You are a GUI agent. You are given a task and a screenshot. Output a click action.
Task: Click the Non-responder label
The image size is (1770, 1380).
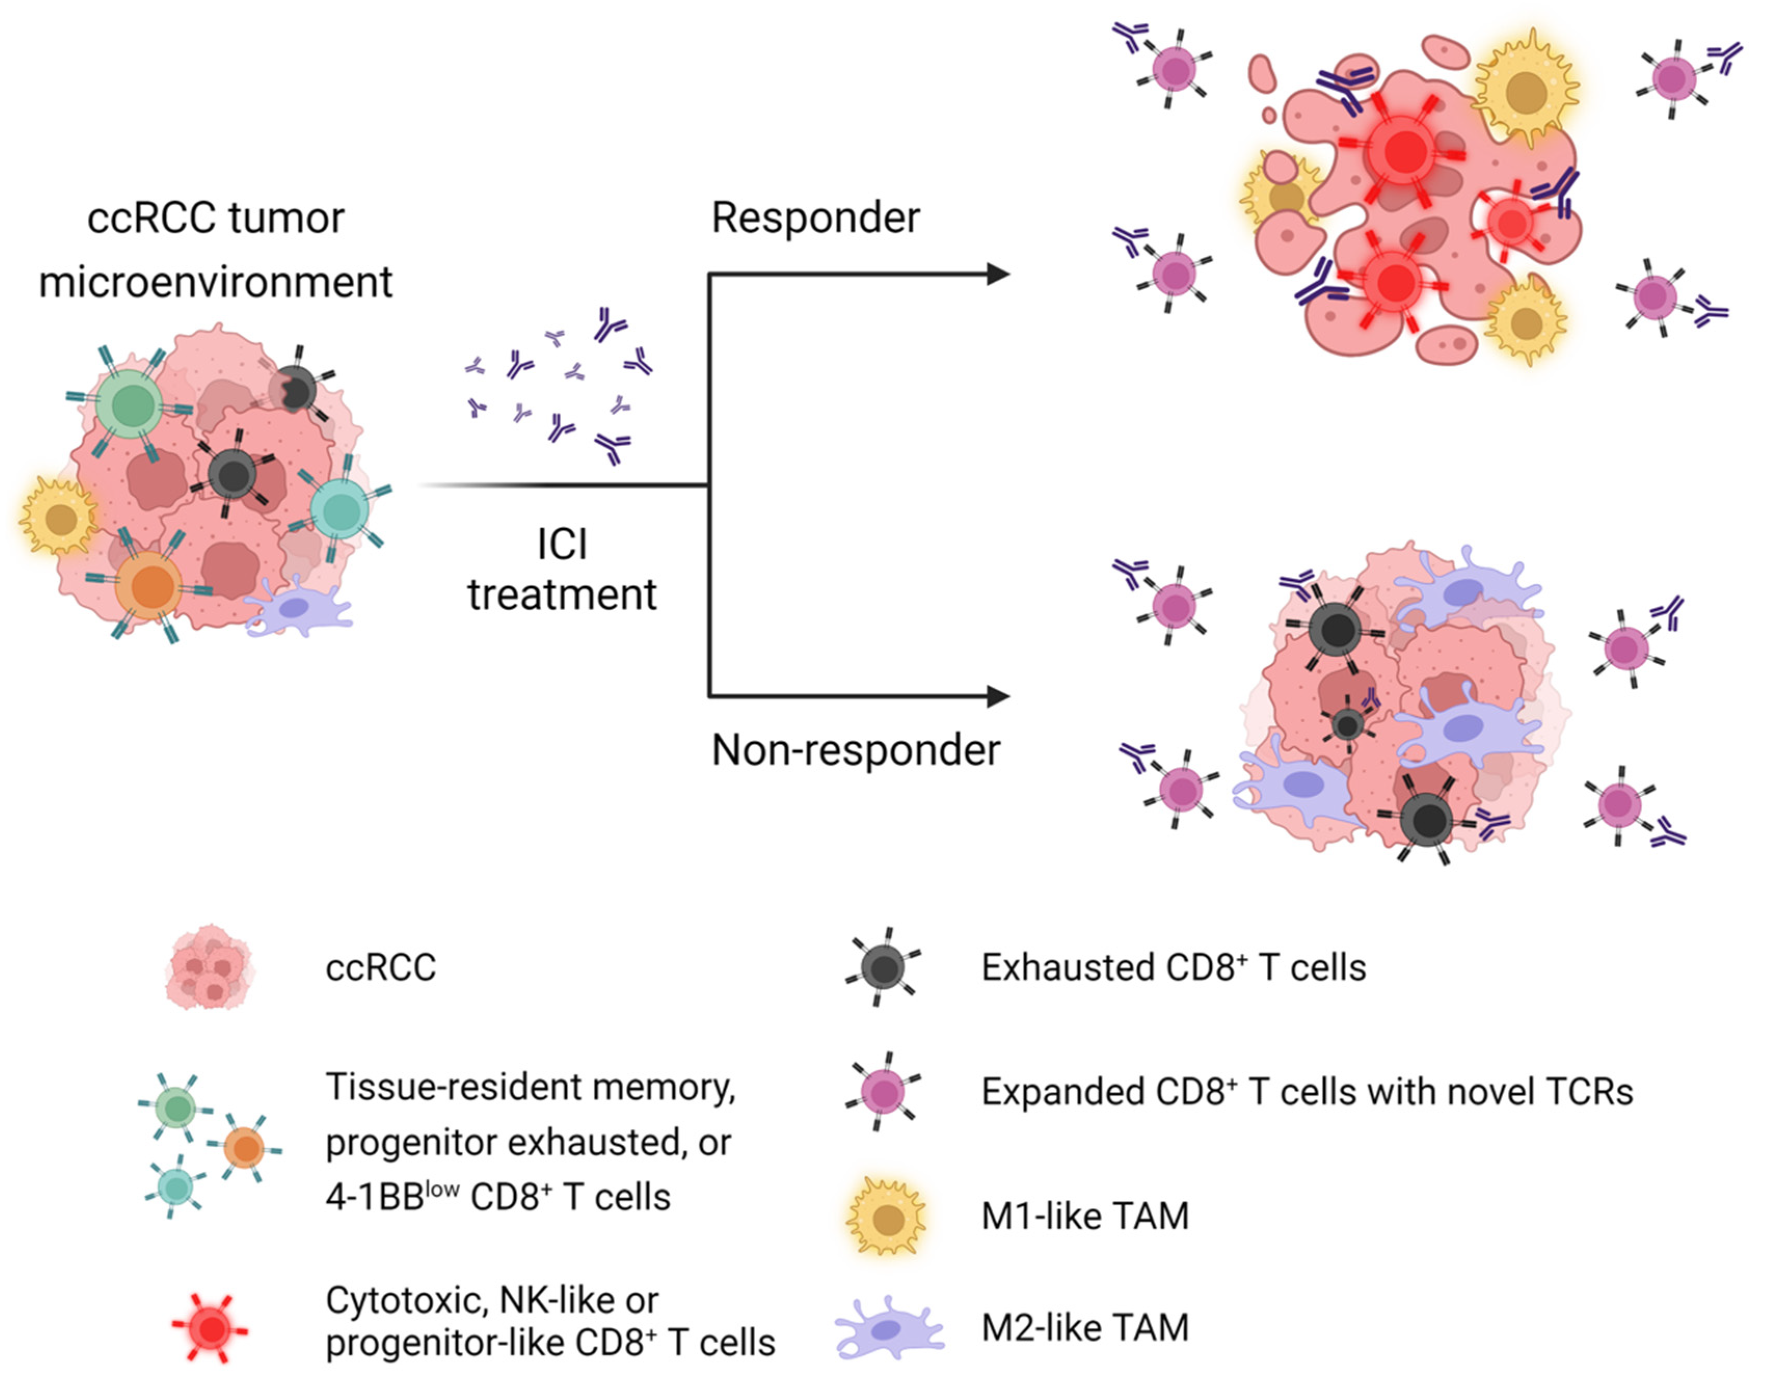(855, 750)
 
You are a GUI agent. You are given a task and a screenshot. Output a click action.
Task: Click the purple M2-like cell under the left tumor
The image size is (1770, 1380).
(296, 608)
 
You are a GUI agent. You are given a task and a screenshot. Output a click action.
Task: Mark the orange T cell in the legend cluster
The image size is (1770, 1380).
(244, 1148)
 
